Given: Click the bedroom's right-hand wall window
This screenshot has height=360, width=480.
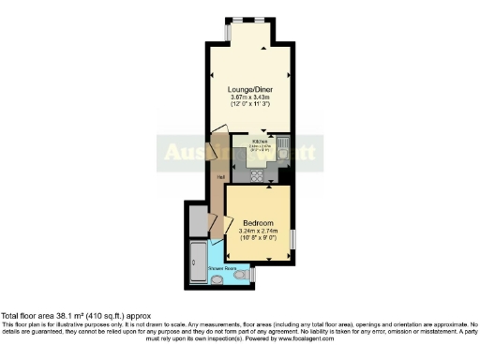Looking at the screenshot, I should point(292,239).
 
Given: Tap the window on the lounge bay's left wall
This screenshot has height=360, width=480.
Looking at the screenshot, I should point(229,32).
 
